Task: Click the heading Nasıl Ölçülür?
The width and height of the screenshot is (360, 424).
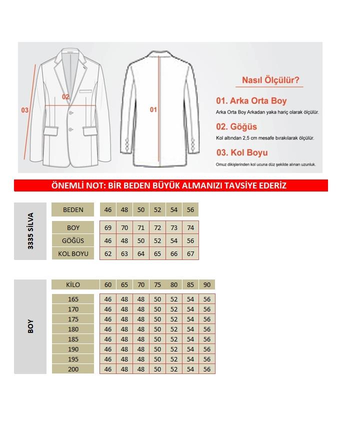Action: pyautogui.click(x=270, y=80)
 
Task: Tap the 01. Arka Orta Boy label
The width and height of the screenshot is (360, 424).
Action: pyautogui.click(x=251, y=101)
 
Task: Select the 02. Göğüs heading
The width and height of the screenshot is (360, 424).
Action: pyautogui.click(x=236, y=126)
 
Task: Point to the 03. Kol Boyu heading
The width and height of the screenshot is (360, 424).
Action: pyautogui.click(x=241, y=152)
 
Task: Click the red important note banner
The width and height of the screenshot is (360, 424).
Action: pyautogui.click(x=170, y=185)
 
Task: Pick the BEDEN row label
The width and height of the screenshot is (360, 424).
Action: pyautogui.click(x=73, y=209)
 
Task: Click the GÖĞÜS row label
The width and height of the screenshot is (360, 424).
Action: pyautogui.click(x=73, y=240)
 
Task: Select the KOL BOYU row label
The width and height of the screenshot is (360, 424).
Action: pyautogui.click(x=73, y=253)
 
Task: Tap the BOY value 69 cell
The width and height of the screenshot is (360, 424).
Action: pyautogui.click(x=108, y=227)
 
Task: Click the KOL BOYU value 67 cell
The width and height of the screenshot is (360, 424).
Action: pyautogui.click(x=190, y=253)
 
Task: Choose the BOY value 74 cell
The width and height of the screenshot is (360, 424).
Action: pyautogui.click(x=190, y=227)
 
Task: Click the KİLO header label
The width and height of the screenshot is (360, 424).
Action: pyautogui.click(x=73, y=284)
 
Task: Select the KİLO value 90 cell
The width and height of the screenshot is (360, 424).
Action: pyautogui.click(x=207, y=284)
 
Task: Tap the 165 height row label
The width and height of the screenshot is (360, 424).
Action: pyautogui.click(x=73, y=299)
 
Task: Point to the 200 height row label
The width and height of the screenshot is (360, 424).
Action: pyautogui.click(x=73, y=369)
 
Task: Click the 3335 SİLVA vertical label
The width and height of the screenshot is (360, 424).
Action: pyautogui.click(x=30, y=231)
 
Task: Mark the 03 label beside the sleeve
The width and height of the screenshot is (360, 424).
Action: pyautogui.click(x=24, y=110)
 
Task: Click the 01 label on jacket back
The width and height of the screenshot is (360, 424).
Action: pyautogui.click(x=153, y=109)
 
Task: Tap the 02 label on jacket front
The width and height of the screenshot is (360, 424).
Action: pyautogui.click(x=65, y=96)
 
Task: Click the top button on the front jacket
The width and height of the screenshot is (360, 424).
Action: pyautogui.click(x=70, y=112)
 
